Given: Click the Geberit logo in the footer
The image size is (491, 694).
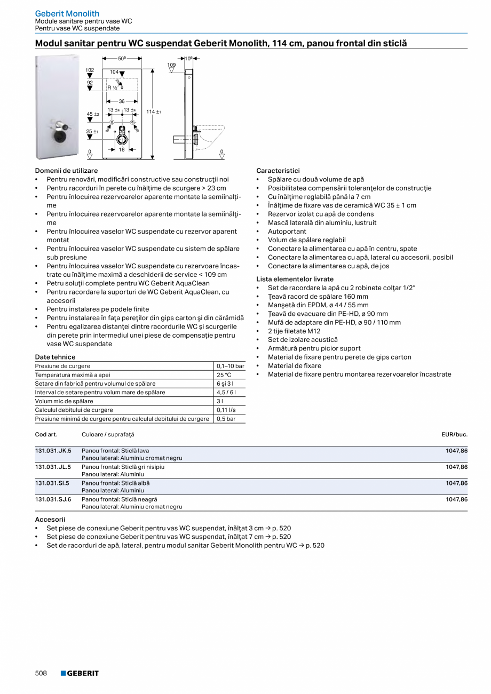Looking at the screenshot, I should [80, 673].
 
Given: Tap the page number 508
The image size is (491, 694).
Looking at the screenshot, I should [41, 673].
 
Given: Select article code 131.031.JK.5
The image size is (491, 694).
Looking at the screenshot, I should [53, 451].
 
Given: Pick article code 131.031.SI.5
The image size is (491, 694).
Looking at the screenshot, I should [52, 483].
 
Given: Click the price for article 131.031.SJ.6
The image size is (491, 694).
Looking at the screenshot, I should [456, 500].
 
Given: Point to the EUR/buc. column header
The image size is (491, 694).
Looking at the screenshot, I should [454, 435].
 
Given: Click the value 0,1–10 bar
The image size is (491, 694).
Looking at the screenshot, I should [231, 366].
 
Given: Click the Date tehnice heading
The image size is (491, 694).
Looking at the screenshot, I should [55, 357].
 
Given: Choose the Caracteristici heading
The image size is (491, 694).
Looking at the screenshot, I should [278, 171].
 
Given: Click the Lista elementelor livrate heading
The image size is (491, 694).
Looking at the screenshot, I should [295, 279].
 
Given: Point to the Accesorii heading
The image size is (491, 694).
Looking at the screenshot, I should [50, 519].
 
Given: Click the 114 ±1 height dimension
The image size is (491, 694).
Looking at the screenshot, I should [154, 112].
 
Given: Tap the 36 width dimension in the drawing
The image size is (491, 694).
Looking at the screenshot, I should [122, 101].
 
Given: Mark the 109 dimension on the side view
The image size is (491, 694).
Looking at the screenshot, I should [171, 65].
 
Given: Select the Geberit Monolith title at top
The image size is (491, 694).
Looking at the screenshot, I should [67, 13].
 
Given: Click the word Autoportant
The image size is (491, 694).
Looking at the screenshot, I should [287, 232].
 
